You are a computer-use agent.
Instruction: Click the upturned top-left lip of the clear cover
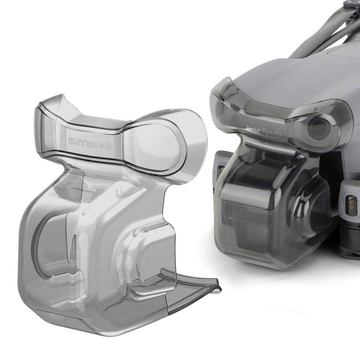click(x=48, y=105)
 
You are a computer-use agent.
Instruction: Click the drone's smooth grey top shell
click(x=288, y=75)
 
